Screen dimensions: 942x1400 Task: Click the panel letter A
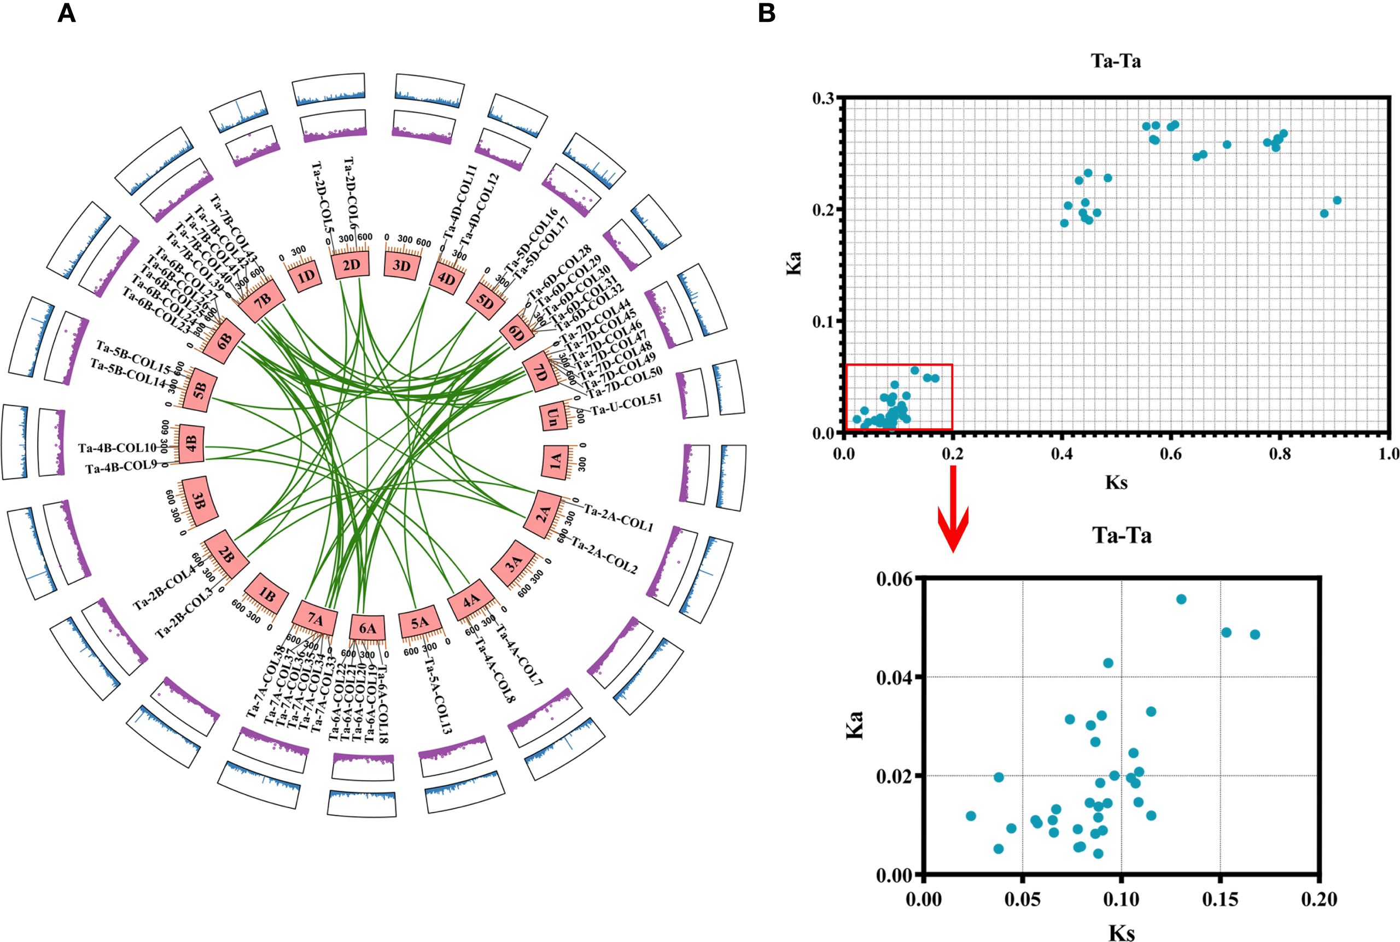tap(66, 13)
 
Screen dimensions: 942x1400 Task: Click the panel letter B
tap(766, 13)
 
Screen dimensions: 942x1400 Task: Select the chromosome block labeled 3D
tap(401, 265)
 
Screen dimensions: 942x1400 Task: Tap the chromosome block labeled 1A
tap(556, 461)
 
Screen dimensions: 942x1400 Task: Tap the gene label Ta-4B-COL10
tap(117, 448)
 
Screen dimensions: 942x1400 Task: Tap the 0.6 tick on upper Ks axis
tap(1170, 453)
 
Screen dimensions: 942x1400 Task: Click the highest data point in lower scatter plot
tap(1181, 599)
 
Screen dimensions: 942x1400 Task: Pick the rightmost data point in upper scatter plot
tap(1338, 200)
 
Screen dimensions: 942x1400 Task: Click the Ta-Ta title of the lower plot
tap(1122, 535)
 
